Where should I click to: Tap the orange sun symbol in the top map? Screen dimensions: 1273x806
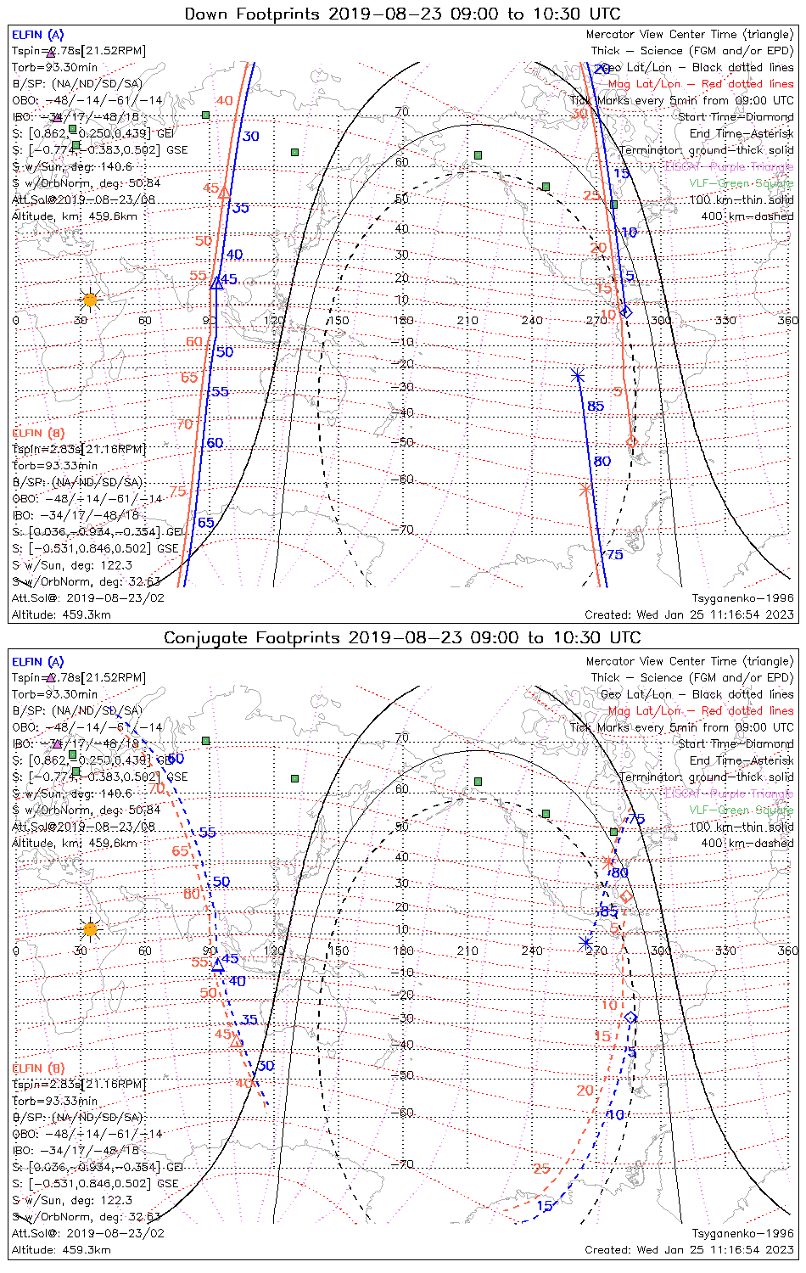(90, 300)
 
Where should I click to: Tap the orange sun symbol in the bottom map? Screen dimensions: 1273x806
(90, 928)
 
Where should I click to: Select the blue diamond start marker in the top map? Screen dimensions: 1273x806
(626, 312)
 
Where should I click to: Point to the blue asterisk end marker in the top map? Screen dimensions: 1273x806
(578, 374)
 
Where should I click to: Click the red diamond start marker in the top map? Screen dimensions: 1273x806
(631, 441)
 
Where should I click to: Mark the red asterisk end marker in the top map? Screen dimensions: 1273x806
(585, 489)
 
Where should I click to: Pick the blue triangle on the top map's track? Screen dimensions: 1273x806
(216, 283)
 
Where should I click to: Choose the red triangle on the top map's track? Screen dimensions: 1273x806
(224, 193)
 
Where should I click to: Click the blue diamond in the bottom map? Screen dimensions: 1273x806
(630, 1017)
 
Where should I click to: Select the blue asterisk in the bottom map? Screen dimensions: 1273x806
(585, 942)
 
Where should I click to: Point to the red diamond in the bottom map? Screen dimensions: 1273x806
(626, 896)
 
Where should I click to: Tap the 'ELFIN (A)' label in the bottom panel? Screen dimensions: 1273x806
(38, 661)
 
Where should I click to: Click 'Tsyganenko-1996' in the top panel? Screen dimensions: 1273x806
(742, 597)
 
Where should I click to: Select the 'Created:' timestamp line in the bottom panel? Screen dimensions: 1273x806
(689, 1249)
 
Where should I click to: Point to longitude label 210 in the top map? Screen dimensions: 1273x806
(467, 320)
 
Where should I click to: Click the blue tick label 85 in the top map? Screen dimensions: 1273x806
(596, 407)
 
